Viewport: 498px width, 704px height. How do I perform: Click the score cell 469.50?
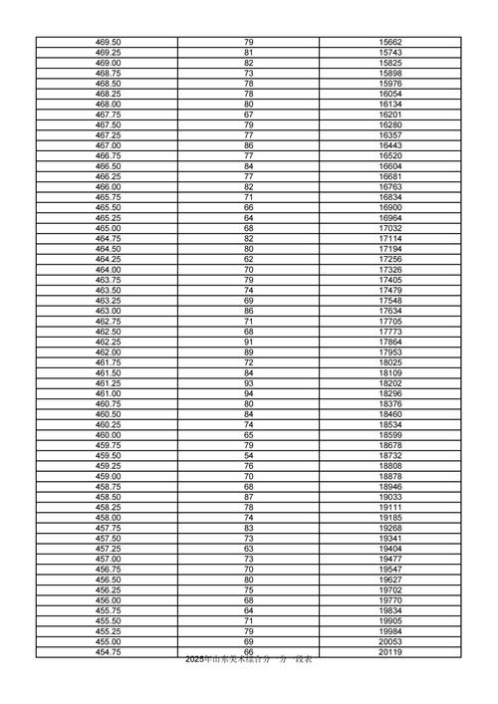108,42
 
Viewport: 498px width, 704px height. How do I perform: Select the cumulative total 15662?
390,42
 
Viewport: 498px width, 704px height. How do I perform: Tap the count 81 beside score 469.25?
248,53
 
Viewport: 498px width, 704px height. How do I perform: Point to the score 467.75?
108,115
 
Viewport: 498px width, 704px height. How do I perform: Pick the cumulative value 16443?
390,145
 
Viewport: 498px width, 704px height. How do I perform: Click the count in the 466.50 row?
248,166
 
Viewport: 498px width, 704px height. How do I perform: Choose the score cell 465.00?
108,228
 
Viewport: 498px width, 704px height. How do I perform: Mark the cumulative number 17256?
390,259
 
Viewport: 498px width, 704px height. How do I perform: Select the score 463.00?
108,311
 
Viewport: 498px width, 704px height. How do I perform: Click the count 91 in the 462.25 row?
248,342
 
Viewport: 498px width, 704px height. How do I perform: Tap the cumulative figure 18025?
390,362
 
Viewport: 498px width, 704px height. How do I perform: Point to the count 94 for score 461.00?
248,393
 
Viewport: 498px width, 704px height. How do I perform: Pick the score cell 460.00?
108,435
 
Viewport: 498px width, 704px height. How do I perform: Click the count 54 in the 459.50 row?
248,455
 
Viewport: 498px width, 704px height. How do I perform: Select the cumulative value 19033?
390,497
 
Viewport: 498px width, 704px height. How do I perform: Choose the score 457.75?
108,528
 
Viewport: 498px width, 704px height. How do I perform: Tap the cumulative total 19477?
390,559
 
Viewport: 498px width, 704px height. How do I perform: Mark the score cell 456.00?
108,600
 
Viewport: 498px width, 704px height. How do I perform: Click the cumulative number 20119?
390,652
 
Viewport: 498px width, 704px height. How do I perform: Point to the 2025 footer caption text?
249,661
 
